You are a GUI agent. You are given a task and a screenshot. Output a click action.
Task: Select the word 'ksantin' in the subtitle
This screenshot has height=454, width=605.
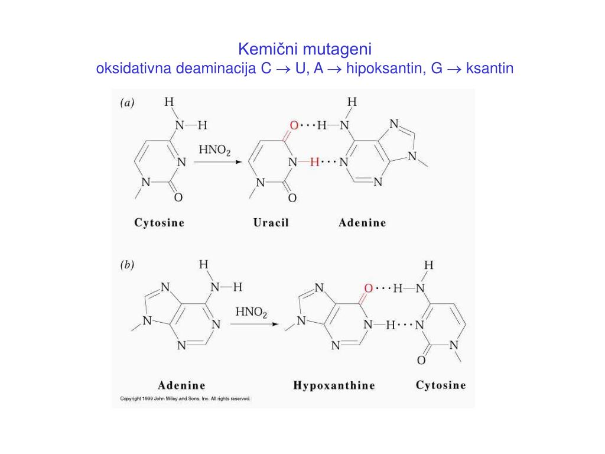click(x=490, y=69)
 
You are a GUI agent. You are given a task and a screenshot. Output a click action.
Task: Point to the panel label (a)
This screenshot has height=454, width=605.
click(x=127, y=103)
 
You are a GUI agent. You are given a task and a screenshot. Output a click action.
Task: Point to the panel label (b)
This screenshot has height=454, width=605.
click(x=127, y=265)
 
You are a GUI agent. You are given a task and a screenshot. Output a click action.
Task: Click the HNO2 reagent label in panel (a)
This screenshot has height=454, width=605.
click(x=214, y=150)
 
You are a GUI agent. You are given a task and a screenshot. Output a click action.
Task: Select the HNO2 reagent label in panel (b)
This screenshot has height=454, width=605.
click(x=252, y=312)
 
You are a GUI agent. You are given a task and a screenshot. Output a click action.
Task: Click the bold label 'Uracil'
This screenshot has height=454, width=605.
click(x=271, y=223)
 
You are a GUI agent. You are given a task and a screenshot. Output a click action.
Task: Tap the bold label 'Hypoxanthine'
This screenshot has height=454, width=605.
click(x=334, y=385)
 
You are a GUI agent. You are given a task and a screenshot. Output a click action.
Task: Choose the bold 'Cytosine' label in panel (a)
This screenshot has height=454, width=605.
click(x=159, y=223)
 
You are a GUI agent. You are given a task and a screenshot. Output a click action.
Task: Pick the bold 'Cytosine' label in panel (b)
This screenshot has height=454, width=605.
click(x=440, y=385)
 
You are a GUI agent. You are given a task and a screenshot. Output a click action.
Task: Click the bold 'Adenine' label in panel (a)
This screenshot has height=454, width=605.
click(x=362, y=223)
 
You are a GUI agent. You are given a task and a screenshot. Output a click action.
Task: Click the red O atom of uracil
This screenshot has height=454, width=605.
click(x=294, y=125)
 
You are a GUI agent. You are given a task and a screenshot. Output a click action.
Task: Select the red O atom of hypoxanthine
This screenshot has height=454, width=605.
click(x=368, y=288)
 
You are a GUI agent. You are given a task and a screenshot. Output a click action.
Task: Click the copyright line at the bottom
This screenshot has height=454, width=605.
click(x=186, y=398)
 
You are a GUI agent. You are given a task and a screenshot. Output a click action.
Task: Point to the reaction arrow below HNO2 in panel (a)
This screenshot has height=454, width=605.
click(x=217, y=162)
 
